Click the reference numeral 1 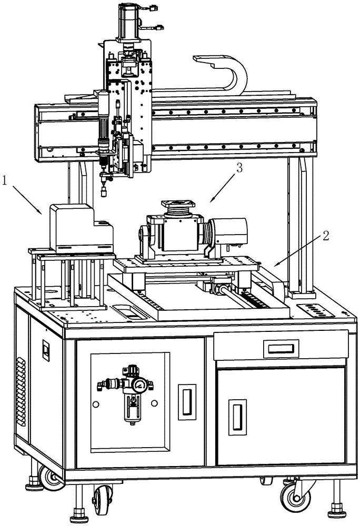click(5, 181)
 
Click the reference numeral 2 click(325, 236)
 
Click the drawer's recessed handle click(281, 349)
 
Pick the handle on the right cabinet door click(237, 417)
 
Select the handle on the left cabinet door click(187, 401)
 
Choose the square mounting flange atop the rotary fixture click(178, 204)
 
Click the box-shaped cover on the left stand click(81, 228)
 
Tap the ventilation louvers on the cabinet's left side click(21, 391)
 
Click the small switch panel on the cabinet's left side click(46, 350)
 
